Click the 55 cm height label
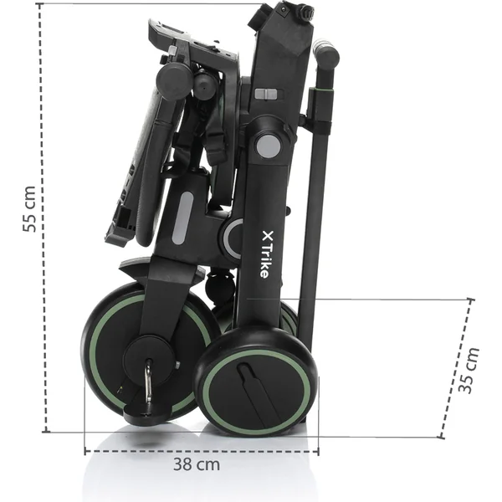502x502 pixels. tap(29, 208)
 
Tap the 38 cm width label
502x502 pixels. tap(197, 464)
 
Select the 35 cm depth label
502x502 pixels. tap(469, 370)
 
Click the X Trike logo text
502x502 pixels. tap(265, 254)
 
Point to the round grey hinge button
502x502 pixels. tap(268, 146)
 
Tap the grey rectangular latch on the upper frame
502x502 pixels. tap(265, 94)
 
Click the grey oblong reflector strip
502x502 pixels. tap(182, 218)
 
